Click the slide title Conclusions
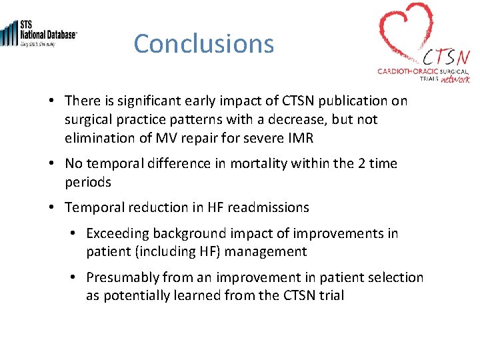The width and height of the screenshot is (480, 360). coord(203,44)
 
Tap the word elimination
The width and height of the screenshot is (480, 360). coord(98,139)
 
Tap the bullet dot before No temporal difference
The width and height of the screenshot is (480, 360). coord(51,164)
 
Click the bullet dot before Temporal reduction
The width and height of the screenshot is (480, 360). coord(51,208)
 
